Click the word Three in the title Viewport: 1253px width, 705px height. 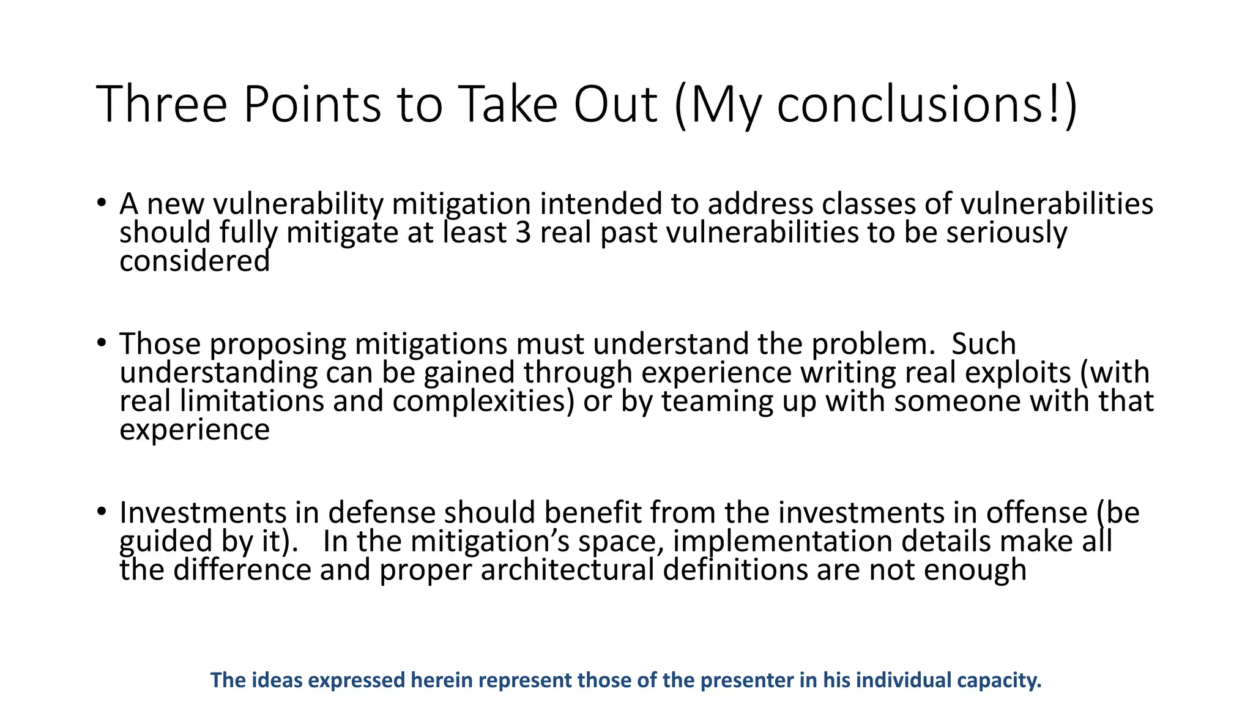click(x=162, y=104)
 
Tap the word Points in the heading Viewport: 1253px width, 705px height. click(x=312, y=104)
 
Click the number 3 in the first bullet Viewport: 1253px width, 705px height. click(x=523, y=233)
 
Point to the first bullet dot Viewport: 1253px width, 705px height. click(x=102, y=203)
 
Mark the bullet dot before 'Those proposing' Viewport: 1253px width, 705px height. click(x=102, y=343)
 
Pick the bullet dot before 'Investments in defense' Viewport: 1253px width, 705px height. click(x=102, y=512)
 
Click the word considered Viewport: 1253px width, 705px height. click(x=195, y=261)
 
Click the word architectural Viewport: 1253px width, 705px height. click(x=567, y=570)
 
